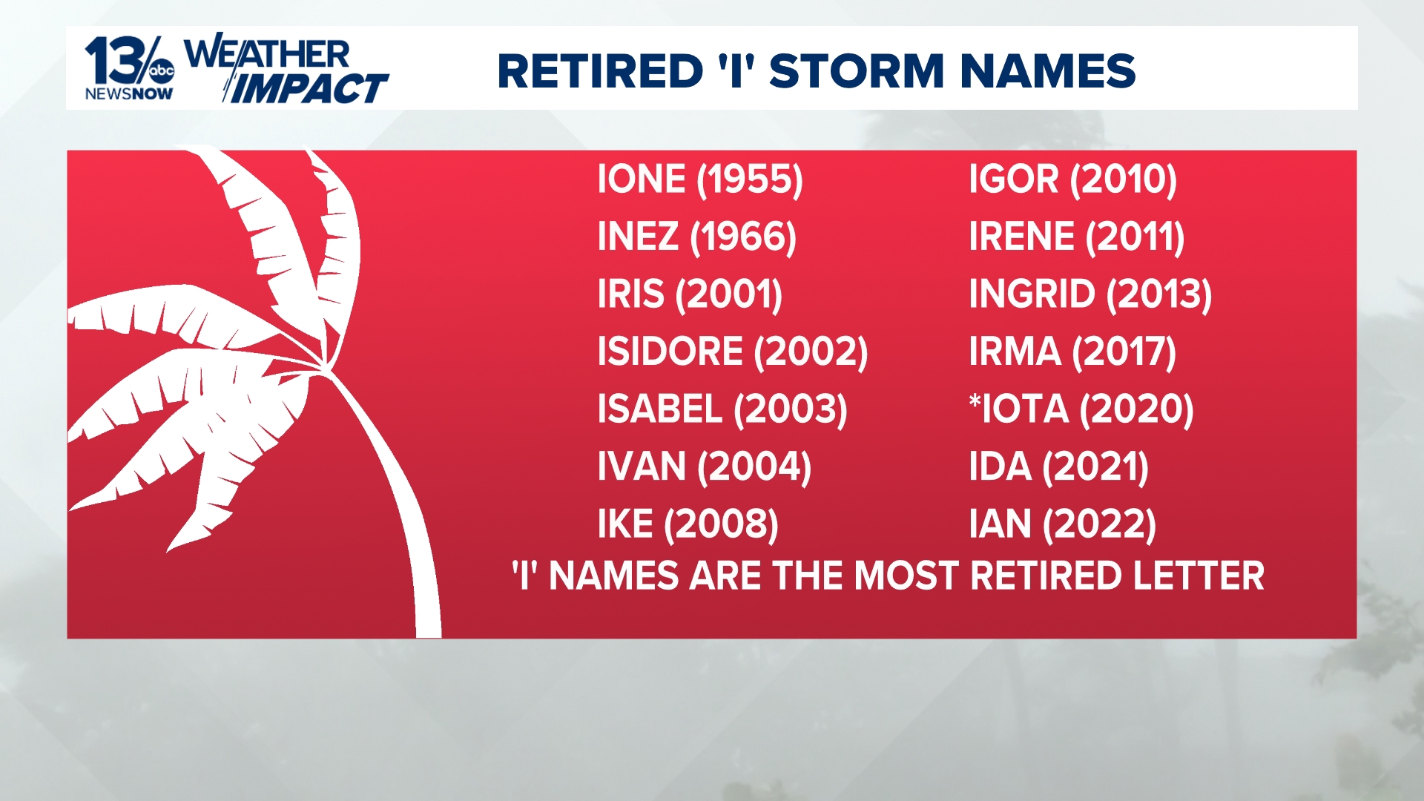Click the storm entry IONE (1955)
(699, 179)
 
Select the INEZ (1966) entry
(696, 237)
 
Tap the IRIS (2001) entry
(690, 294)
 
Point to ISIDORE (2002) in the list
(732, 352)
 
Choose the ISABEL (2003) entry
(722, 409)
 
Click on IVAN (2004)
(704, 467)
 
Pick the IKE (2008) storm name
(688, 524)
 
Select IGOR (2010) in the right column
(1072, 179)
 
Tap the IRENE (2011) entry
(1076, 237)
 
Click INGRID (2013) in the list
(1090, 294)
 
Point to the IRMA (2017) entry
(1072, 352)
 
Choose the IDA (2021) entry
(1058, 467)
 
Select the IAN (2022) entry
(1062, 524)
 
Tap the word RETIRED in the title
(599, 71)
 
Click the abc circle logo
(161, 71)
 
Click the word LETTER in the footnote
(1191, 576)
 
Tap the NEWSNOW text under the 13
(129, 94)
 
